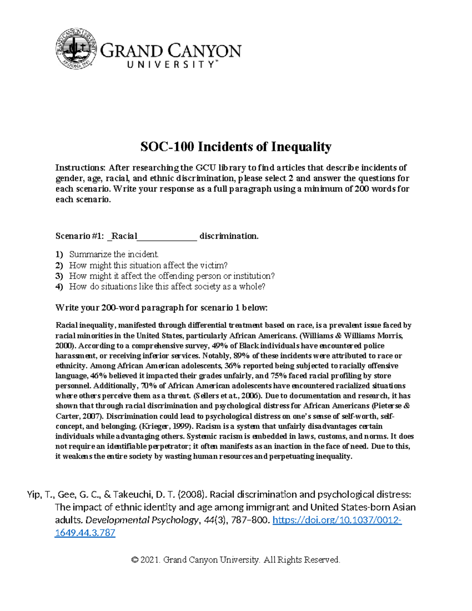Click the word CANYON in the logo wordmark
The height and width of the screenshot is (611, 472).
tap(205, 52)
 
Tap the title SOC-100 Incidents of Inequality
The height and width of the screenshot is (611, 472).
tap(236, 147)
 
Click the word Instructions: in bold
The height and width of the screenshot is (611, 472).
tap(81, 168)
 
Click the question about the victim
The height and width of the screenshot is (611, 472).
tap(148, 265)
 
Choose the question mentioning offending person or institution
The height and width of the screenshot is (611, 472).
tap(171, 276)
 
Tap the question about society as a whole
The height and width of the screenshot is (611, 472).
tap(167, 286)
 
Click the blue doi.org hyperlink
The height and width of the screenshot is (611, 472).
tap(337, 520)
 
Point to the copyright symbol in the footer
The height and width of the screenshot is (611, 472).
tap(135, 560)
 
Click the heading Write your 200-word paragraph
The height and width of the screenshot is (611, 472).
tap(161, 308)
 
